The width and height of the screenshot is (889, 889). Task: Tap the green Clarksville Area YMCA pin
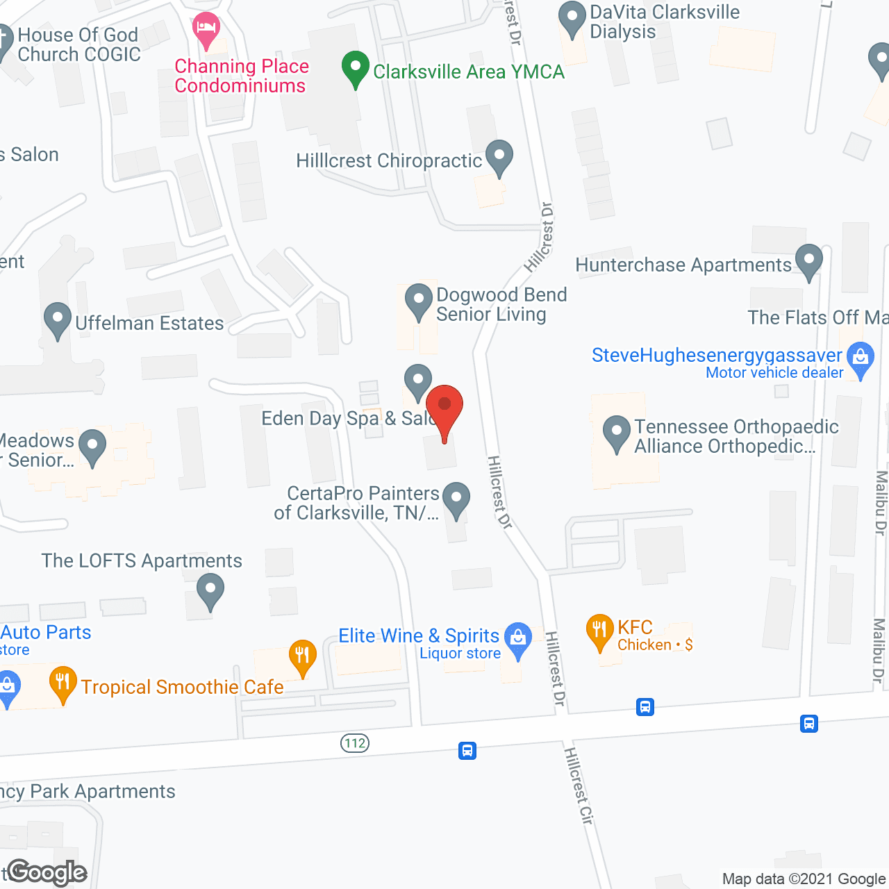point(356,69)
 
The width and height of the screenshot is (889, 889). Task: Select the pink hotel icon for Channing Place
point(206,29)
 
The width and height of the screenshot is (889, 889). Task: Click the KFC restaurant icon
point(599,631)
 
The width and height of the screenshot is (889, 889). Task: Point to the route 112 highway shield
point(355,743)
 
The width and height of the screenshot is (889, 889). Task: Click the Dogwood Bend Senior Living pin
point(419,301)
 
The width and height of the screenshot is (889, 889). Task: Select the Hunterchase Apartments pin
point(808,261)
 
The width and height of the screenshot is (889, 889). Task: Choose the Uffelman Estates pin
point(58,320)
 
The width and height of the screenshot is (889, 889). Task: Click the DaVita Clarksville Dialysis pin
point(572,19)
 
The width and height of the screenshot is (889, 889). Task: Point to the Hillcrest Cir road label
point(579,786)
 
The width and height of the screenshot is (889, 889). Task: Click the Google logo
point(47,872)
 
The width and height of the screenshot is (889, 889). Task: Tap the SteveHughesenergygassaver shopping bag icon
point(861,359)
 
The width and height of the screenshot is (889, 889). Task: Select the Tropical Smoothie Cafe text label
point(182,687)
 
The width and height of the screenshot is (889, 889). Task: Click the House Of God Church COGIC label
point(78,44)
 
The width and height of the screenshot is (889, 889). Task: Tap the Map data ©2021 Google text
point(804,879)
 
